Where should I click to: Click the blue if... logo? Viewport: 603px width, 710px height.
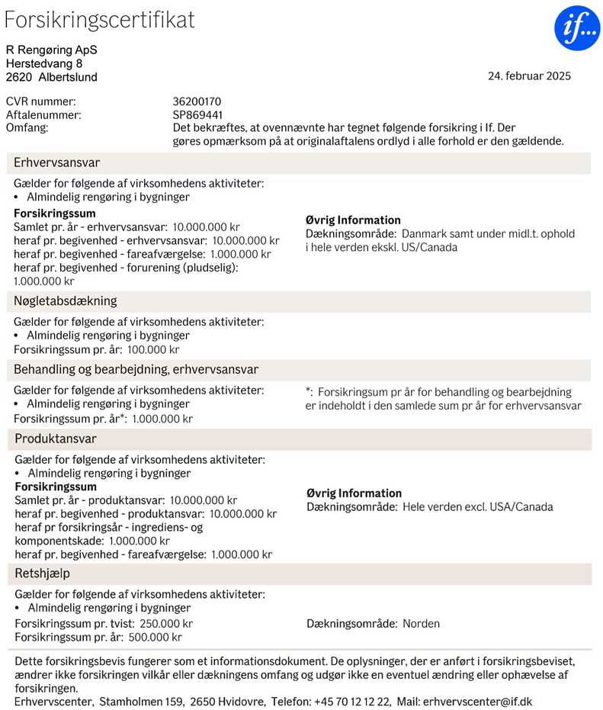(x=577, y=27)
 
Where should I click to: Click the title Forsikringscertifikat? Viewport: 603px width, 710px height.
(x=100, y=21)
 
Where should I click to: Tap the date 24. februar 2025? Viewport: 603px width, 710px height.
(x=529, y=75)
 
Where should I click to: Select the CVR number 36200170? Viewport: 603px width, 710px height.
(x=197, y=101)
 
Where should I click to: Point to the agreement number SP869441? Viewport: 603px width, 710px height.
(x=197, y=114)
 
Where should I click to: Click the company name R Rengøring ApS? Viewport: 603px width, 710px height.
(x=52, y=50)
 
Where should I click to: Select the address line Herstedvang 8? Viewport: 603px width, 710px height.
(x=44, y=63)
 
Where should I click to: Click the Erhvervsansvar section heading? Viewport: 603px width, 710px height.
(x=56, y=162)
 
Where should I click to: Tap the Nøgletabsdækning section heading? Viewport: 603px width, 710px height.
(x=66, y=300)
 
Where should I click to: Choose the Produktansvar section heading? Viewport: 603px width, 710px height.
(x=56, y=439)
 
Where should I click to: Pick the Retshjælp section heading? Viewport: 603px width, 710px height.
(x=42, y=573)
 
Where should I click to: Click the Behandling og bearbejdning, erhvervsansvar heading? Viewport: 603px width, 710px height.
(x=136, y=369)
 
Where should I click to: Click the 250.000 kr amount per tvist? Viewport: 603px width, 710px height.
(x=165, y=624)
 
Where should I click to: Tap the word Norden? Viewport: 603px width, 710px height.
(x=421, y=624)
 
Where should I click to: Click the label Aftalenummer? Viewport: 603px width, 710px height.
(x=43, y=114)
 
